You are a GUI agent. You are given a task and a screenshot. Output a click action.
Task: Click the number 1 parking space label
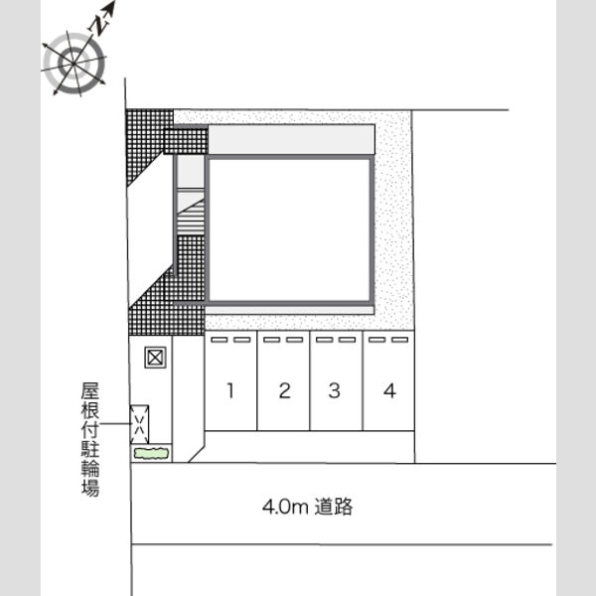(x=230, y=390)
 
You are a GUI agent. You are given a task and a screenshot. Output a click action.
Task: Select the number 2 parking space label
(x=285, y=390)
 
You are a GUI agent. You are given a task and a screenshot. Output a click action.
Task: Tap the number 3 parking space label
(x=334, y=390)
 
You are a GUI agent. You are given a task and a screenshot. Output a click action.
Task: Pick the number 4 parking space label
(x=389, y=390)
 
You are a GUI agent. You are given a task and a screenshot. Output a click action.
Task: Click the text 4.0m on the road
(x=285, y=507)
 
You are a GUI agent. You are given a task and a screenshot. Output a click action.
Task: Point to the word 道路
(x=334, y=507)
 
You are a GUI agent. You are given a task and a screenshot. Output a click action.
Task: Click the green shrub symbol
(x=151, y=453)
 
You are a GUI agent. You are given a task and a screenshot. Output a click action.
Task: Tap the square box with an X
(x=155, y=358)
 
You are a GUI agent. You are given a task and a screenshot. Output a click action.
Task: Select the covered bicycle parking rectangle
(x=139, y=424)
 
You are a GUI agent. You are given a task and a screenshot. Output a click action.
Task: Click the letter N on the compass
(x=97, y=27)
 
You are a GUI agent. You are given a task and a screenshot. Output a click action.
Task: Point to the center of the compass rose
(x=74, y=64)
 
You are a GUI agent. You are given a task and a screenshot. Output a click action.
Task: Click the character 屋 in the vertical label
(x=90, y=391)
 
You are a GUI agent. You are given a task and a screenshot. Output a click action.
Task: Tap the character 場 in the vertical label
(x=90, y=488)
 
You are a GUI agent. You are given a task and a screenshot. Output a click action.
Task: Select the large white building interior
(x=289, y=230)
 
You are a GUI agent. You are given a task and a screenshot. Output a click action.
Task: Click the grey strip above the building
(x=291, y=139)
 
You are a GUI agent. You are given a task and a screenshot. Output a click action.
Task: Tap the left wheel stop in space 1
(x=219, y=340)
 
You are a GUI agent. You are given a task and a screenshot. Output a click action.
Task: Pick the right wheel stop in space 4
(x=400, y=340)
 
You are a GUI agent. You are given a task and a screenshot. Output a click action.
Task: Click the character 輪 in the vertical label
(x=90, y=468)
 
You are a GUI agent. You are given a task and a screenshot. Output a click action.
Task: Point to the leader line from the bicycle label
(x=115, y=423)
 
